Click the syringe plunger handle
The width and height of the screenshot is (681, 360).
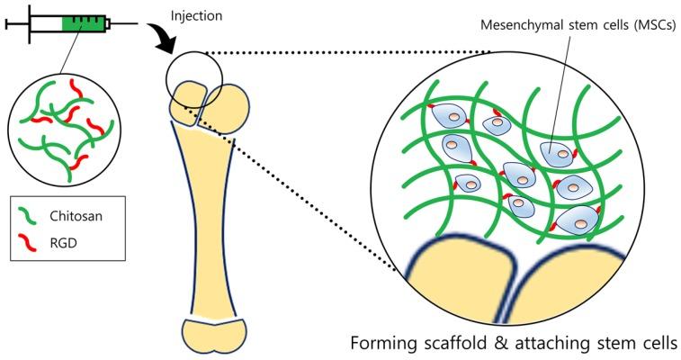click(7, 23)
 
